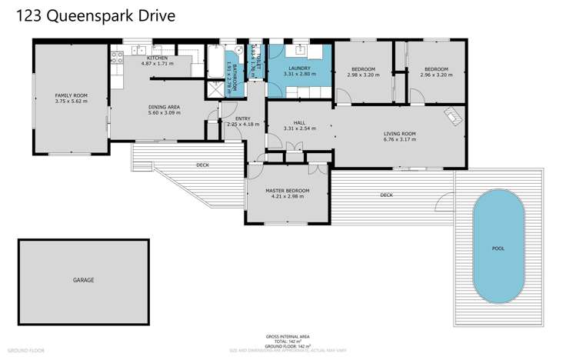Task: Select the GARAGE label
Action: [83, 280]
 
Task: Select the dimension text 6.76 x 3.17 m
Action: [399, 140]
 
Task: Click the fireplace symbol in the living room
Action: [454, 115]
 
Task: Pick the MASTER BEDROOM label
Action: [287, 190]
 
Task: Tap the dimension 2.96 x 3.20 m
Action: [435, 75]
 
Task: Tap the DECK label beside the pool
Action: [386, 195]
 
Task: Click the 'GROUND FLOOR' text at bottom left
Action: [27, 350]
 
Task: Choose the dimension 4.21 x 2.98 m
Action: [287, 196]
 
